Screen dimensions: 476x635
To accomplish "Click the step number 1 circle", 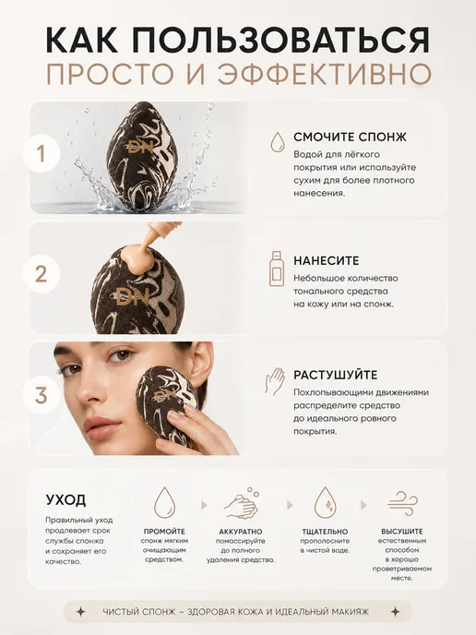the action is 41,154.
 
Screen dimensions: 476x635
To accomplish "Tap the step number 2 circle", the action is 41,274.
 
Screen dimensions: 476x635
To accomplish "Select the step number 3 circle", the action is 41,395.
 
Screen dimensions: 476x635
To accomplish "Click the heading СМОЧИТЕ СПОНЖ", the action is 350,137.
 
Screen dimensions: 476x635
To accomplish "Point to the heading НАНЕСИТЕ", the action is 327,260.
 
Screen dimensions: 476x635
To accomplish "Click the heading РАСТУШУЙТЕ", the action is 335,375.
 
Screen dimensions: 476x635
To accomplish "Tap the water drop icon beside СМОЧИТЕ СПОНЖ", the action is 277,141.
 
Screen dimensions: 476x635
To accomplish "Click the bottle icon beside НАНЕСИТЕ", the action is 277,269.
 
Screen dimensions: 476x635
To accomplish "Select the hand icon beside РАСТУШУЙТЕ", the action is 275,380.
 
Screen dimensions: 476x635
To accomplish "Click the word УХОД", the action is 65,499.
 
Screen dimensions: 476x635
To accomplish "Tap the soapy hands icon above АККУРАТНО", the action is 243,503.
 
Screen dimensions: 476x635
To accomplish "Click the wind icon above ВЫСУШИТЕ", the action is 402,503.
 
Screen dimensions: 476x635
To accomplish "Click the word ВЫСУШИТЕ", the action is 402,532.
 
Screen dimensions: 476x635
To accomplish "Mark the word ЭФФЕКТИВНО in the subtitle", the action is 325,74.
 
